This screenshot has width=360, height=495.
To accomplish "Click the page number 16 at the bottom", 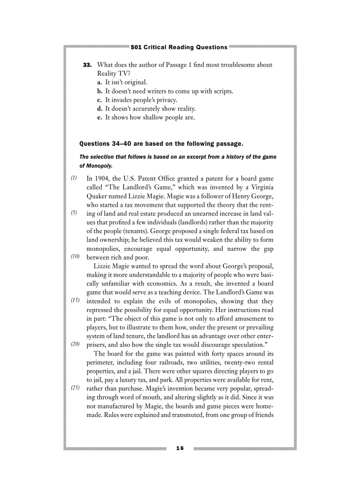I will [180, 448].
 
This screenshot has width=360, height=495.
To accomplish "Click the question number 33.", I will [87, 65].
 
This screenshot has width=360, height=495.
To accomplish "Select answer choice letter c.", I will [99, 100].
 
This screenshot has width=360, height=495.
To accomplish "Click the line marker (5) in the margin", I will [74, 212].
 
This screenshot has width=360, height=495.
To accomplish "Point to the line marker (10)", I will [75, 256].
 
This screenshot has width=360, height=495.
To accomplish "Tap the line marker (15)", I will [75, 300].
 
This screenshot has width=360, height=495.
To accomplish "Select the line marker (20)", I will [75, 343].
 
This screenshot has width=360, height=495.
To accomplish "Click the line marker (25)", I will [75, 387].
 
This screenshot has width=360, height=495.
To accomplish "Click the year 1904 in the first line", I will [103, 179].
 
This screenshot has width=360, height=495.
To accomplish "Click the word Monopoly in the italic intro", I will [101, 166].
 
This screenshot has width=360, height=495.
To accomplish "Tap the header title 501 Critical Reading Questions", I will [179, 47].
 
